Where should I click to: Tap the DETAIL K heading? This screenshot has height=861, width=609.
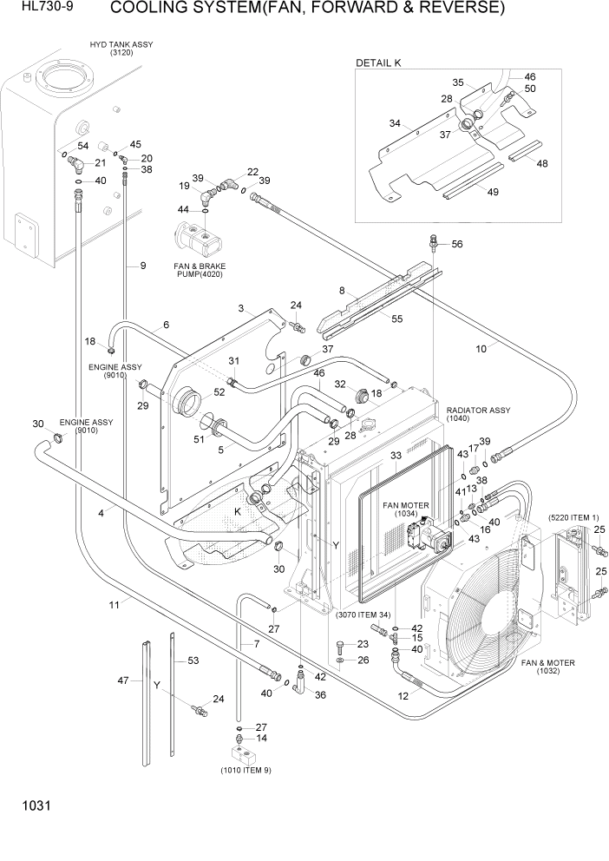click(x=378, y=63)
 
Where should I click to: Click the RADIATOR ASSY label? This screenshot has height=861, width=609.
click(x=478, y=414)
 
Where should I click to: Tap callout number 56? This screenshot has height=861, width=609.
click(x=456, y=244)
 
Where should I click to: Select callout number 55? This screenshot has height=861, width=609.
click(x=396, y=319)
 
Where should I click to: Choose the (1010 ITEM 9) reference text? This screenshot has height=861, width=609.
click(x=245, y=769)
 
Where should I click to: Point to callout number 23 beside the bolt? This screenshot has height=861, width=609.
click(x=363, y=644)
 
